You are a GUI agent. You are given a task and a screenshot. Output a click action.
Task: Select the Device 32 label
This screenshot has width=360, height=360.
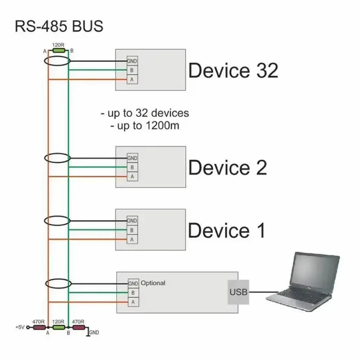[x=233, y=70]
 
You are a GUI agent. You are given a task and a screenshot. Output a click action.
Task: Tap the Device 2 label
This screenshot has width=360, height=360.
[x=227, y=167]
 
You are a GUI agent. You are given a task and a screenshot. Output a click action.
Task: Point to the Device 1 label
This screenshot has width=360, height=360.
[x=226, y=230]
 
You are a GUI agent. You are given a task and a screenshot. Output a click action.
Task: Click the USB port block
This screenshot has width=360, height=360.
[x=238, y=292]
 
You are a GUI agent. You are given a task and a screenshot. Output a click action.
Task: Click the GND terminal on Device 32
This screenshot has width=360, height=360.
[x=132, y=61]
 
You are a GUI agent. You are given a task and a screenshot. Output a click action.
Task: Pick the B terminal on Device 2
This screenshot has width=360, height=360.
[x=131, y=167]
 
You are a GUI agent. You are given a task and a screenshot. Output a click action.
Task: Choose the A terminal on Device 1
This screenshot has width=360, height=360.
[x=131, y=240]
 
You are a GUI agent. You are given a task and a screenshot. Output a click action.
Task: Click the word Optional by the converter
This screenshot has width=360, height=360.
[x=153, y=283]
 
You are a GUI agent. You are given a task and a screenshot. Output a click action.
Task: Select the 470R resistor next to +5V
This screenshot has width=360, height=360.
[x=40, y=328]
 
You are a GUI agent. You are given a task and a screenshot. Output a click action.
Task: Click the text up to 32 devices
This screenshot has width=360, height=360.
[x=144, y=113]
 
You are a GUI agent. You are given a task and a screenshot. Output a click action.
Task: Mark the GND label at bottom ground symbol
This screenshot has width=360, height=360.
[x=94, y=333]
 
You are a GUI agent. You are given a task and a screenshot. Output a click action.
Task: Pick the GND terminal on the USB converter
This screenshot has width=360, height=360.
[x=133, y=284]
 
